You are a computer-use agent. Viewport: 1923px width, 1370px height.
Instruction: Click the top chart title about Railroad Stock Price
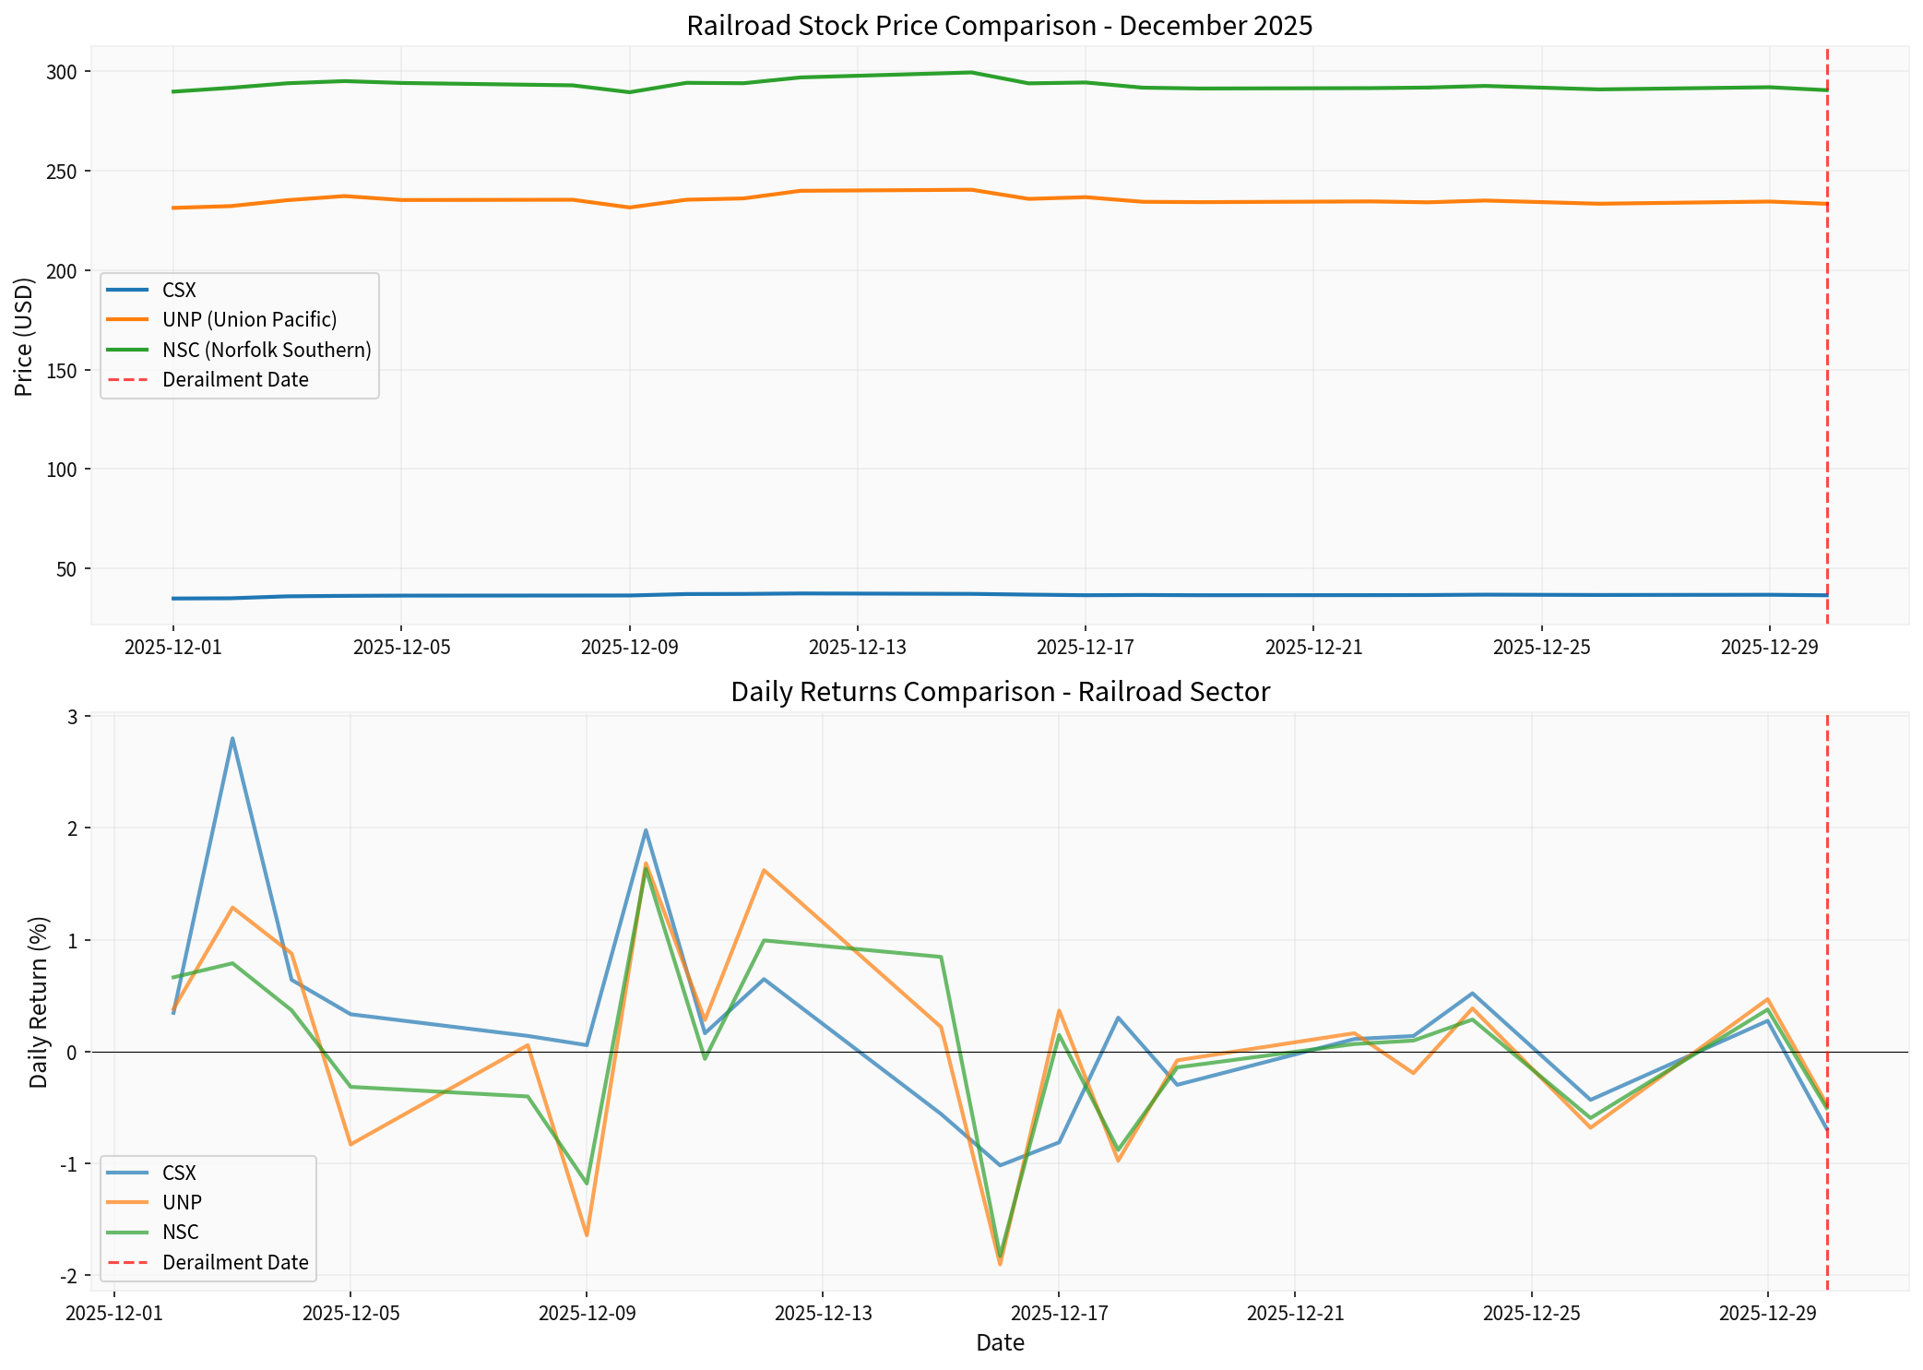[999, 26]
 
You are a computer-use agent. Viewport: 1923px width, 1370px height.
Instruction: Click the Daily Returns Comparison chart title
[1000, 692]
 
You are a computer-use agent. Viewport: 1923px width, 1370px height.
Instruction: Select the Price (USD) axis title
[25, 337]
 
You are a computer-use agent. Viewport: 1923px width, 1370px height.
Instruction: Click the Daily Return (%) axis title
[39, 1002]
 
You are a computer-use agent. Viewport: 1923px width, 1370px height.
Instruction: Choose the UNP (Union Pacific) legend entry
[249, 320]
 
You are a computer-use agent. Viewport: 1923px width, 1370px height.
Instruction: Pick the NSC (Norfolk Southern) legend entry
[267, 351]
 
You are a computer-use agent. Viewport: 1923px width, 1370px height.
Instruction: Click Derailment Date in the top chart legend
[235, 380]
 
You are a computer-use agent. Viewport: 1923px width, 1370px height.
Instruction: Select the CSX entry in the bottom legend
[179, 1173]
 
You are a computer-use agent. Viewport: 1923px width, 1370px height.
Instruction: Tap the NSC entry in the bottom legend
[180, 1233]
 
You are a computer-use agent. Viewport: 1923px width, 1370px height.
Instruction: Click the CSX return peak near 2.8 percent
[232, 738]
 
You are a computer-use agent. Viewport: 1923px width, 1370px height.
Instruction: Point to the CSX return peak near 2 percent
[646, 829]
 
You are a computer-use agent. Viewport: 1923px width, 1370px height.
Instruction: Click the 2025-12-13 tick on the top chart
[858, 648]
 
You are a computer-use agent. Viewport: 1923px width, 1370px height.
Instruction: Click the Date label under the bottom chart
[1000, 1343]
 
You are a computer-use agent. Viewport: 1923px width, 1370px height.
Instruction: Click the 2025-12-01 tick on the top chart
[173, 648]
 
